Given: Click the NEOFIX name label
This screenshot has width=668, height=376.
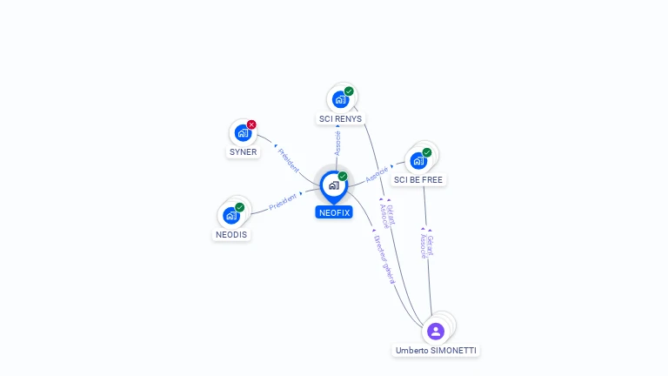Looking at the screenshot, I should [334, 211].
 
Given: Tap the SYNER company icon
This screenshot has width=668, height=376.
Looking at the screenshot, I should [243, 134].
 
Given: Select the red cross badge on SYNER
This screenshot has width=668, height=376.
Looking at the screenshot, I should [251, 124].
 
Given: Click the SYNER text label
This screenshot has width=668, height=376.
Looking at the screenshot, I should [243, 152].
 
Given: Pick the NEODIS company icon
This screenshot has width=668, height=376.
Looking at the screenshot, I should [230, 215].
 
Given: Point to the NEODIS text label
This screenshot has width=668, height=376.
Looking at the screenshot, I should [230, 235].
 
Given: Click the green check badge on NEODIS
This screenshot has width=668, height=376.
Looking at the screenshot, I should [239, 207].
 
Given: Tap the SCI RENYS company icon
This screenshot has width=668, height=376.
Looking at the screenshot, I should [340, 99].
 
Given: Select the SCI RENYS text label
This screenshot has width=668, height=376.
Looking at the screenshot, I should [341, 118].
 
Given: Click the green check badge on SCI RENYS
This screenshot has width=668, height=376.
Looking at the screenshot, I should [349, 91].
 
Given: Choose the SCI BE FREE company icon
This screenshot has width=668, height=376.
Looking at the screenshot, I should [418, 161].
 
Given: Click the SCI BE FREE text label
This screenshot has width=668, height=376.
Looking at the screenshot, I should [418, 180].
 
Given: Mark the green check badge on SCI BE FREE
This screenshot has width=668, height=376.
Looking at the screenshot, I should [427, 152].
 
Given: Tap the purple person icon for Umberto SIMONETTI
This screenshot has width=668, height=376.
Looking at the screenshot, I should [436, 331].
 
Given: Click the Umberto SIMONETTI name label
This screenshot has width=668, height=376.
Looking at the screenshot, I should [436, 351].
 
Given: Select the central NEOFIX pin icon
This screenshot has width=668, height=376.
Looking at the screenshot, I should [333, 185].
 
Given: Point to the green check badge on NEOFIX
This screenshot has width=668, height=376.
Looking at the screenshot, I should [343, 176].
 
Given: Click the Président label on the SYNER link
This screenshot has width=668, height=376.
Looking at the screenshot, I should [288, 159].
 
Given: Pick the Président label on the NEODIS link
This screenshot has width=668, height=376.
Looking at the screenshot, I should [283, 202].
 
